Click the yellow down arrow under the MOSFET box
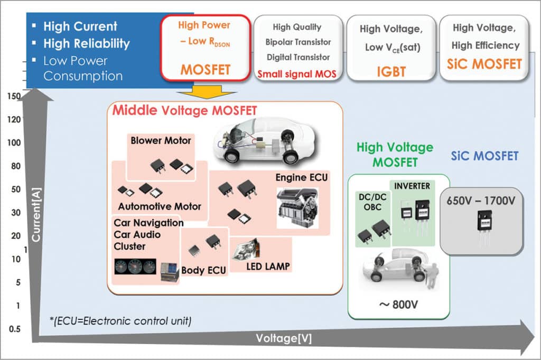pos(207,93)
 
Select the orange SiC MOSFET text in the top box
pos(481,64)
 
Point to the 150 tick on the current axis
pos(14,96)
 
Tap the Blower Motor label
pos(161,140)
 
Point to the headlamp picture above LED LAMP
pos(245,249)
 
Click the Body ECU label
pos(204,270)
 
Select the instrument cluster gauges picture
pos(135,267)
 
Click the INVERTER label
pos(412,186)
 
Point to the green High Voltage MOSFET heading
pos(395,155)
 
